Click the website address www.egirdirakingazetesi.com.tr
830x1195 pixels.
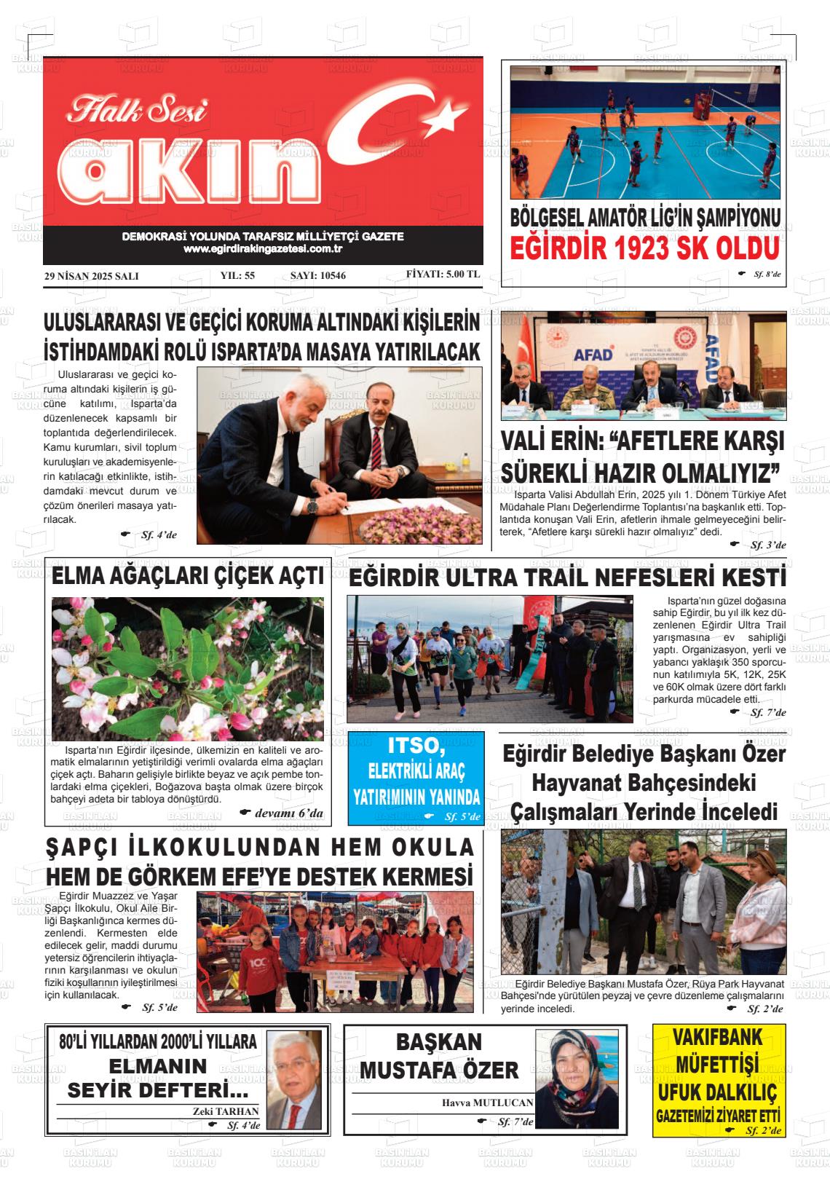263,249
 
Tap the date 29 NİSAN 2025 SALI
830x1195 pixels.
91,276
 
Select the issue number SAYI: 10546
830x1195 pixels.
318,275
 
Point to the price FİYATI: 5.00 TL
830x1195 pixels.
443,275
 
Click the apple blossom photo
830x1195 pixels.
188,669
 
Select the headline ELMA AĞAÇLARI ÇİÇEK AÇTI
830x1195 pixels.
188,577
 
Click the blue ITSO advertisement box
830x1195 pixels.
416,778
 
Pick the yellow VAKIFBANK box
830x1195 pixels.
719,1080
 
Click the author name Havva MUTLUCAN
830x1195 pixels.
488,1103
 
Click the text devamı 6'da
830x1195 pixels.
289,813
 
